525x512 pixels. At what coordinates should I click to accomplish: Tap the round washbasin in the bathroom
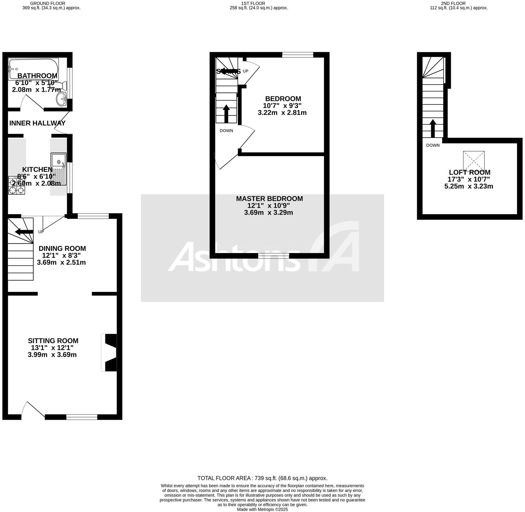pos(63,98)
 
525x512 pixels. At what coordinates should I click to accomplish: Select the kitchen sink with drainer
pos(59,169)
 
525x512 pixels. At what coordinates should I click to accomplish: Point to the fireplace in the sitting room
pos(110,352)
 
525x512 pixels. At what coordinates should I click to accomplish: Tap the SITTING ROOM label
pos(53,341)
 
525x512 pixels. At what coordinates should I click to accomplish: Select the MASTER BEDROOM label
pos(269,199)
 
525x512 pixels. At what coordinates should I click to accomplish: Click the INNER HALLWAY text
pos(37,123)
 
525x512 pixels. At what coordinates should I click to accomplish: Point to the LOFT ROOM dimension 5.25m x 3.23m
pos(468,186)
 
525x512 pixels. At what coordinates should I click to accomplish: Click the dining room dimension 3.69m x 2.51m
pos(61,263)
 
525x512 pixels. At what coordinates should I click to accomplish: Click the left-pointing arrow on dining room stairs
pos(24,232)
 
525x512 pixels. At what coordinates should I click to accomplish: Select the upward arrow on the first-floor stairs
pos(226,114)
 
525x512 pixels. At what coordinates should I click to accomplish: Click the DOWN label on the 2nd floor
pos(433,145)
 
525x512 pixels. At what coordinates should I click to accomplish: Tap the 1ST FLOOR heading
pos(253,3)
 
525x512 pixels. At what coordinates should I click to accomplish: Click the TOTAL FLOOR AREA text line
pos(262,478)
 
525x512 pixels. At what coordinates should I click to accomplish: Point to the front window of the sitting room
pos(82,417)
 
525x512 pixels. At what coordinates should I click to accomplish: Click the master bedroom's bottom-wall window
pos(273,256)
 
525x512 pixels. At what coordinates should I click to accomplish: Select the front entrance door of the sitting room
pos(33,410)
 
